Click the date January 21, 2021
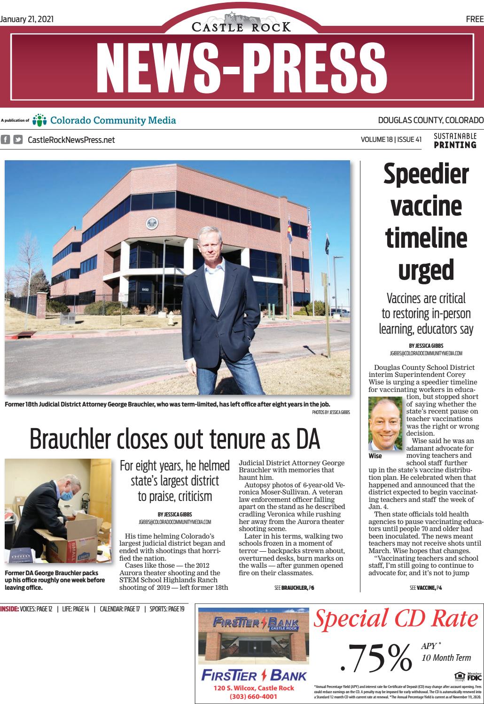(27, 19)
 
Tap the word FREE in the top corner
(475, 19)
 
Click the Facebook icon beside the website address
(6, 139)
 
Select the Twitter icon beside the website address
(18, 139)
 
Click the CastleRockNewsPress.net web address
(71, 140)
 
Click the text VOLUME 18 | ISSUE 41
(391, 140)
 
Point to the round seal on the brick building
(152, 223)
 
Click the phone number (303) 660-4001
(253, 696)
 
